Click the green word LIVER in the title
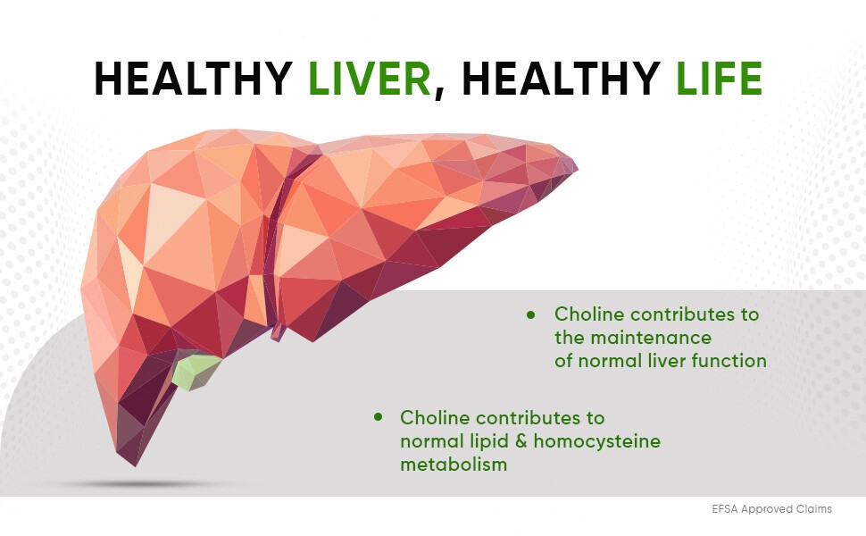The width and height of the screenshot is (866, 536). point(370,79)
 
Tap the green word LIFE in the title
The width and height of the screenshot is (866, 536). point(719,79)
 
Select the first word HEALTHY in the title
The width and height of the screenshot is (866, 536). point(194,79)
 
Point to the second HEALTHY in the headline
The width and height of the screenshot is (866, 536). point(562,79)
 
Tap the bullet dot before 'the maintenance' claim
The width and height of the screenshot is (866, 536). point(531,314)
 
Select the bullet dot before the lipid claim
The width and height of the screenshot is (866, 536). point(378,416)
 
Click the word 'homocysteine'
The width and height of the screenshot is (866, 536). point(597,441)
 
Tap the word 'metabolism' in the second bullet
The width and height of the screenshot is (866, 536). point(454,465)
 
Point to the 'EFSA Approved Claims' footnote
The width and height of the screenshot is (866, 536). point(771,509)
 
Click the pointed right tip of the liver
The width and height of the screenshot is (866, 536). point(578,167)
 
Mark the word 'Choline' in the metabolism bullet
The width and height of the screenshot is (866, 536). point(435,417)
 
